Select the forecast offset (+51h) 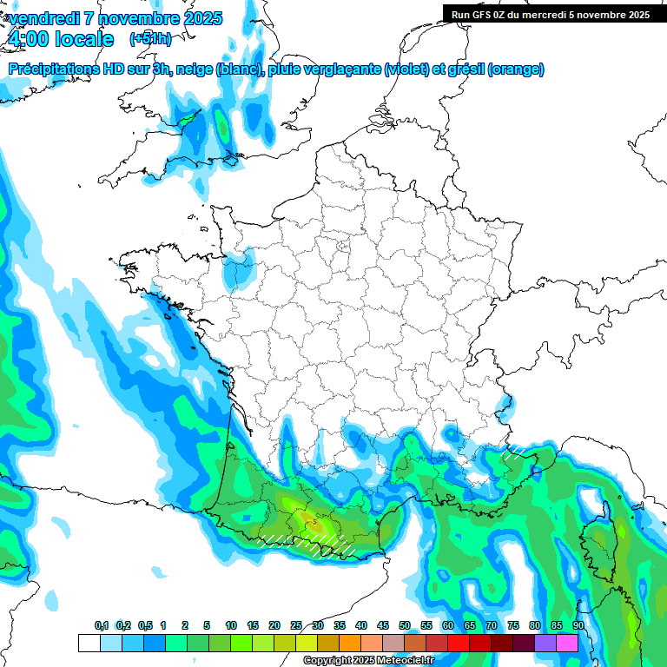click(x=150, y=39)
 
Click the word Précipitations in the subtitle click(x=55, y=69)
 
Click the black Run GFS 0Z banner click(x=551, y=15)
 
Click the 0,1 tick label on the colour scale click(x=101, y=626)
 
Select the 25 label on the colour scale click(x=296, y=626)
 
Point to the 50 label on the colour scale click(x=405, y=626)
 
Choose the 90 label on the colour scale click(x=578, y=626)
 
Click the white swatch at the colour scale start click(x=89, y=643)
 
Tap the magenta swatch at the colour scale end click(x=567, y=643)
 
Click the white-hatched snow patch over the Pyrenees click(x=313, y=543)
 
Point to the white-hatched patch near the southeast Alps click(x=514, y=451)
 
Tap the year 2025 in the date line click(x=196, y=18)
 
